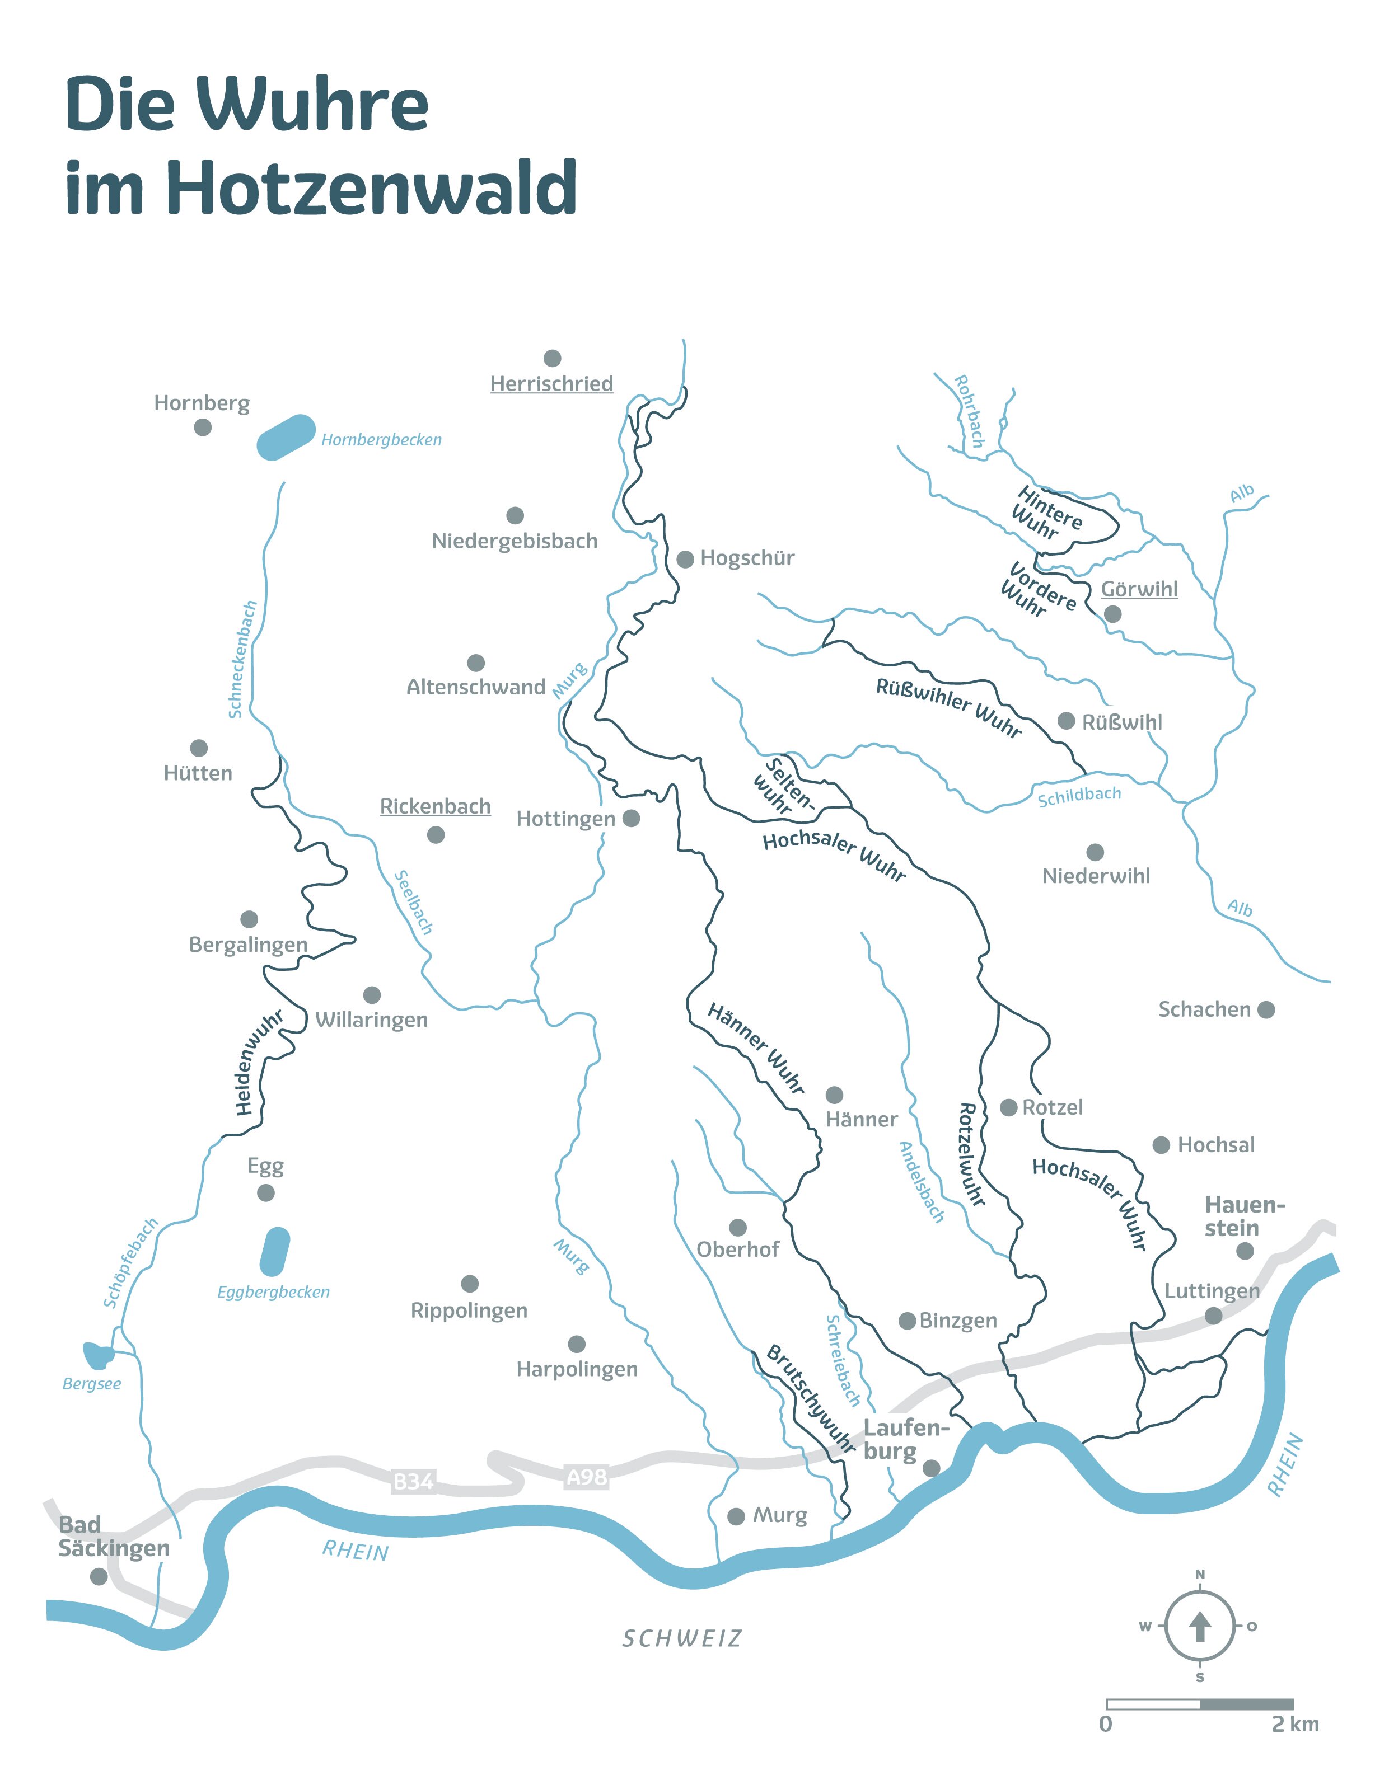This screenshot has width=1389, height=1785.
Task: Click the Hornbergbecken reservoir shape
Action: tap(286, 437)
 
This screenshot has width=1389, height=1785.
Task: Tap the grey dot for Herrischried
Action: tap(553, 358)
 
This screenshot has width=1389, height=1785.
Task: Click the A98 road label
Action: tap(587, 1476)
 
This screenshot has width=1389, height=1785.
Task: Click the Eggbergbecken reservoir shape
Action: tap(275, 1251)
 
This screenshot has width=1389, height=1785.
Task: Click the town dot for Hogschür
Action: tap(685, 559)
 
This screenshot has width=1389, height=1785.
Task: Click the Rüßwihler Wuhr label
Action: tap(948, 707)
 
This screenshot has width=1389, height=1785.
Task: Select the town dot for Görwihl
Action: tap(1112, 614)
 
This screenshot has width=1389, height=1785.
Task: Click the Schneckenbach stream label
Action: tap(243, 660)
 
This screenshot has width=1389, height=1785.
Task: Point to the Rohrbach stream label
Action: tap(970, 411)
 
